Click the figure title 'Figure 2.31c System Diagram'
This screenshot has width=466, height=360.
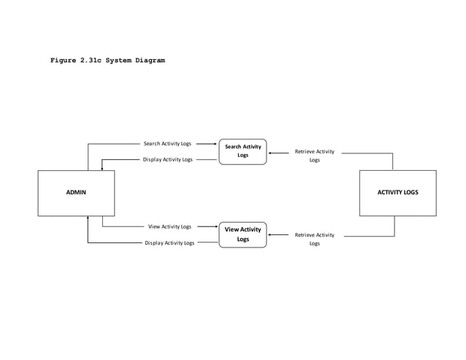pyautogui.click(x=107, y=60)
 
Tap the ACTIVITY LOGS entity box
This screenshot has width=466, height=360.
pyautogui.click(x=397, y=193)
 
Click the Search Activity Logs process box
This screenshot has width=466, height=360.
pyautogui.click(x=242, y=151)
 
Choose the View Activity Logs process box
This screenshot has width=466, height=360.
pyautogui.click(x=242, y=234)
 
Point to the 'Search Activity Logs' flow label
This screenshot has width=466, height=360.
pyautogui.click(x=167, y=144)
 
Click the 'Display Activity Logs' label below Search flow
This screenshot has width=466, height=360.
pyautogui.click(x=167, y=159)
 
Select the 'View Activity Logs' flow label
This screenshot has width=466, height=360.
pyautogui.click(x=169, y=227)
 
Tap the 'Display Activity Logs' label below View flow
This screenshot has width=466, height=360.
pyautogui.click(x=169, y=243)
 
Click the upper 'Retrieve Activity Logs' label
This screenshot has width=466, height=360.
pyautogui.click(x=314, y=156)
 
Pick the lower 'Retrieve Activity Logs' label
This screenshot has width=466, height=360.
pyautogui.click(x=314, y=239)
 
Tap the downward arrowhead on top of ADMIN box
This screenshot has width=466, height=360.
pyautogui.click(x=102, y=168)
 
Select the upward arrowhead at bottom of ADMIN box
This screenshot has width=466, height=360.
pyautogui.click(x=88, y=218)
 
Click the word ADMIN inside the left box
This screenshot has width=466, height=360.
pyautogui.click(x=76, y=193)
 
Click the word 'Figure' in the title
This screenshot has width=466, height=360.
pyautogui.click(x=63, y=60)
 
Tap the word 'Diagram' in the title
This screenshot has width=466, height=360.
pyautogui.click(x=149, y=60)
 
